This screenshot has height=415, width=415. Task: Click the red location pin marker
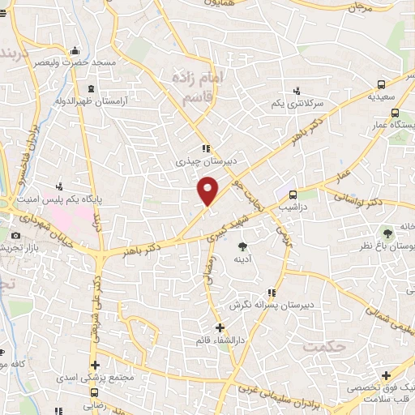click(x=208, y=190)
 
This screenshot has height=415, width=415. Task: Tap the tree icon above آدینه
click(x=242, y=244)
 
